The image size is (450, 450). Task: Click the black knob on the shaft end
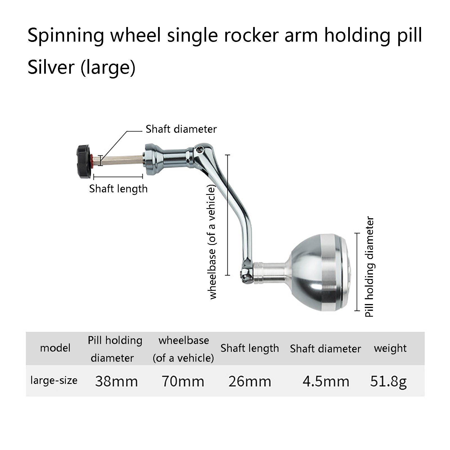(84, 161)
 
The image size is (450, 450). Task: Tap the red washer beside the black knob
(92, 161)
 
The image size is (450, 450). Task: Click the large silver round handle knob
(320, 273)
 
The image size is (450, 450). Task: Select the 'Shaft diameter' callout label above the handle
(181, 129)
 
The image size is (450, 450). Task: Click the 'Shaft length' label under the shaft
(118, 189)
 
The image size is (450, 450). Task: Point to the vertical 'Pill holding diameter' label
(370, 267)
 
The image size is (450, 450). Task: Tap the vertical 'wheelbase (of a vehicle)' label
(212, 242)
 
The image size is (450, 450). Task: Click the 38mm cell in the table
(116, 382)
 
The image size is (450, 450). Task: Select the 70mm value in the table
(183, 382)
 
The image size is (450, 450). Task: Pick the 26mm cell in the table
(250, 382)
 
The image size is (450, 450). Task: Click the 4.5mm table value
(326, 382)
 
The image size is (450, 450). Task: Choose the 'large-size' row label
(54, 381)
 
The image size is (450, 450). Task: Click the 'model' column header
(55, 348)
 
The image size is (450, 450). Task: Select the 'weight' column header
(390, 348)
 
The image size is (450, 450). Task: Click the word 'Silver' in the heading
(51, 67)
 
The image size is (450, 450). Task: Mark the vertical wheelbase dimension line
(228, 215)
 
